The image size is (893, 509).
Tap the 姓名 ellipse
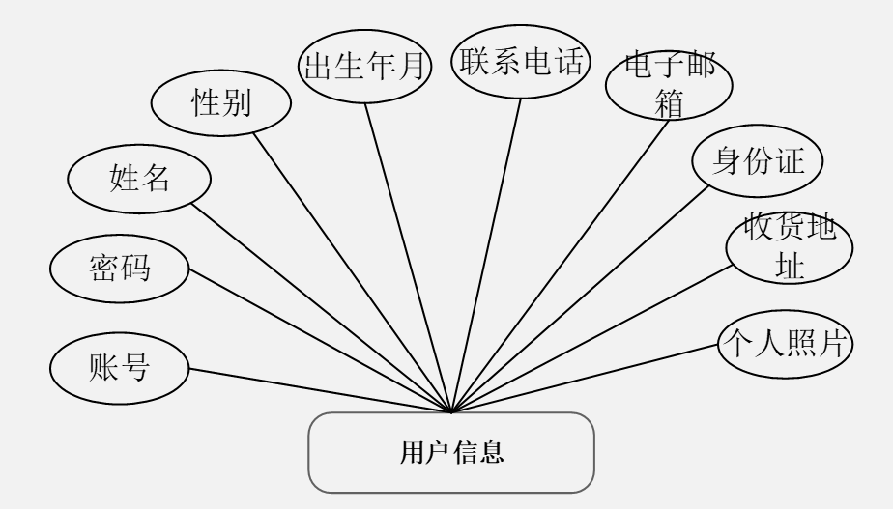(x=139, y=178)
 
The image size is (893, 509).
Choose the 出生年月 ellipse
(x=366, y=66)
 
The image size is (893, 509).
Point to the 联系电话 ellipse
(x=521, y=64)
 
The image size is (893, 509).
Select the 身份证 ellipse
(x=758, y=160)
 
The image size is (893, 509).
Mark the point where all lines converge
(x=453, y=411)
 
